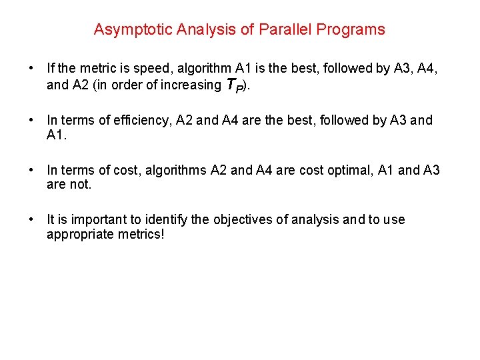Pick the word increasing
tap(188, 85)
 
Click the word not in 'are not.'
tap(79, 185)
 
